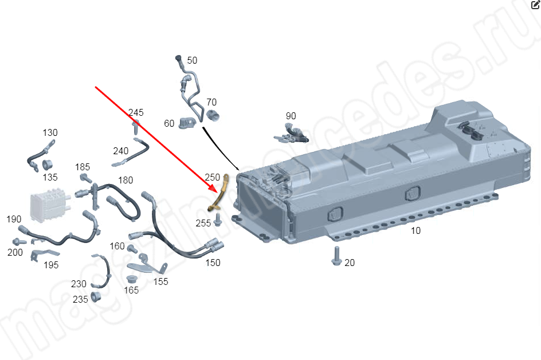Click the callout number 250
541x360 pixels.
(x=212, y=177)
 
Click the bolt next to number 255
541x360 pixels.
(x=218, y=220)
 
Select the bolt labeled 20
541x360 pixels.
(x=336, y=256)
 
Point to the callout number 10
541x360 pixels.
(x=415, y=230)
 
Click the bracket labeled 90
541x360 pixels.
(x=291, y=134)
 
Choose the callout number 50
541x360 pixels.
(x=192, y=60)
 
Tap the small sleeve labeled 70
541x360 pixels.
(x=213, y=115)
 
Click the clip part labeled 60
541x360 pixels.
(x=187, y=123)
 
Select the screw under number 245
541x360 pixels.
(x=136, y=127)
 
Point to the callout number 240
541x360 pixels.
(x=121, y=151)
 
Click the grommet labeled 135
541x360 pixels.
(x=47, y=165)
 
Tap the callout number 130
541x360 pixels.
(x=50, y=132)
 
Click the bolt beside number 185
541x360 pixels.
(x=86, y=178)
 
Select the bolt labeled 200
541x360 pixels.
(x=19, y=241)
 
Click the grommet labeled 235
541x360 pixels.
(x=96, y=297)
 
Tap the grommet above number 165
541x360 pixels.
(x=131, y=279)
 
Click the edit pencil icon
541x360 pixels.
(x=535, y=5)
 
